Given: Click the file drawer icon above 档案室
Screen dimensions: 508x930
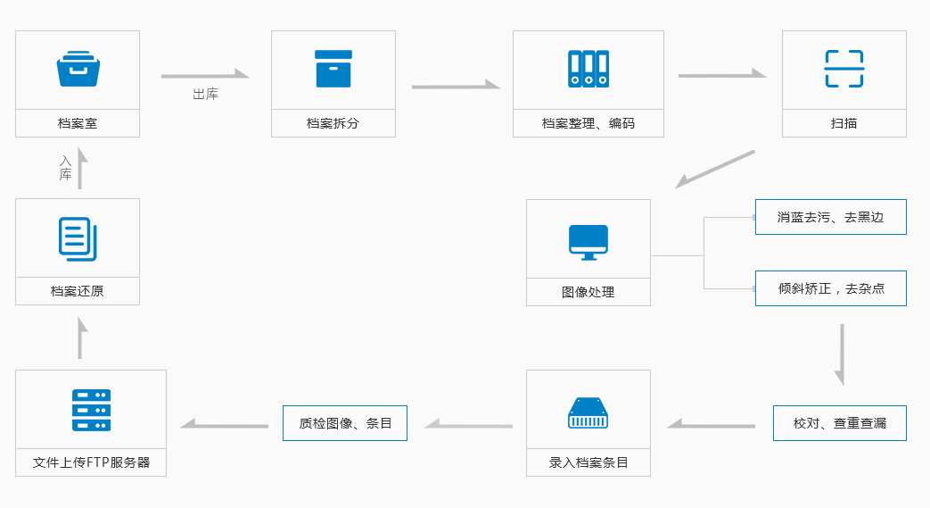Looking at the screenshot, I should point(78,69).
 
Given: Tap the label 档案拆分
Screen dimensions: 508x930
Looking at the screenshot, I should point(333,123).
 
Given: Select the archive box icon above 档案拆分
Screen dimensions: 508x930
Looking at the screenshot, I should point(333,69).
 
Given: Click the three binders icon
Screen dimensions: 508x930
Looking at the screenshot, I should point(588,69).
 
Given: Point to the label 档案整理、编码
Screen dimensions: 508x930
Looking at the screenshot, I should point(588,123).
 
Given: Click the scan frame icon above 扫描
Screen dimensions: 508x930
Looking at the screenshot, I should point(844,69).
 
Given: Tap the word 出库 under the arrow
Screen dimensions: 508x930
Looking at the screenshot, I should point(205,94).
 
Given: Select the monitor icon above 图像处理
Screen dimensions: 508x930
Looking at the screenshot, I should point(588,242).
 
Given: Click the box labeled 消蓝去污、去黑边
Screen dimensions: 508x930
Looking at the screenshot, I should point(830,217).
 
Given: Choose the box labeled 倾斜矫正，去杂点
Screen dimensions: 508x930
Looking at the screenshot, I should point(830,288).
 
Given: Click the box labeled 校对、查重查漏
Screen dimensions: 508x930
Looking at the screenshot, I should point(839,423).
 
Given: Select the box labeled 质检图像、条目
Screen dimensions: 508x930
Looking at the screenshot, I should point(345,423).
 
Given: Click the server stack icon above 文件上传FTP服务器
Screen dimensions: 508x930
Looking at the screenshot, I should point(91,410).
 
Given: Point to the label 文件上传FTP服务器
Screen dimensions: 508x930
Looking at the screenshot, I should point(91,462).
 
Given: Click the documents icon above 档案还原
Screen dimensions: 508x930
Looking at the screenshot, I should point(78,238).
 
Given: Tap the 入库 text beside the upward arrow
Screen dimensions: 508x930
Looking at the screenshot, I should point(65,168).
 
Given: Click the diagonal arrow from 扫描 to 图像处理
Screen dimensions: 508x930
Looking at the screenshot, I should point(715,169).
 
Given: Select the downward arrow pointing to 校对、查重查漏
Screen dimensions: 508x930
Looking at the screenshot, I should point(841,354).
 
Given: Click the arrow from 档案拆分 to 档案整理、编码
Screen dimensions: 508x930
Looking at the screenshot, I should point(455,86).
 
